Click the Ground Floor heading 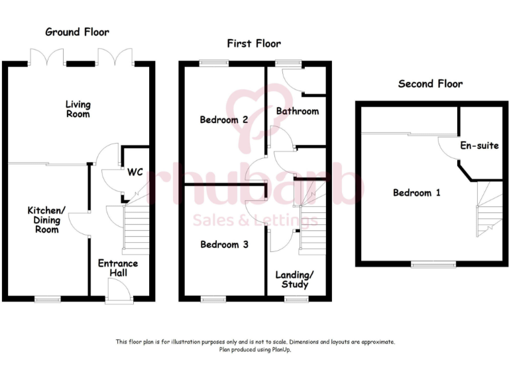point(77,32)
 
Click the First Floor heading point(254,44)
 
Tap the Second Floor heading point(430,83)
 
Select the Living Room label point(78,109)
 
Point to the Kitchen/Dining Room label point(47,220)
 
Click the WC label point(135,172)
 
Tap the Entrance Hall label point(117,268)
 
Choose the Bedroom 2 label point(224,120)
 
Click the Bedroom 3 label point(224,245)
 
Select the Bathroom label point(298,111)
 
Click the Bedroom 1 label point(416,193)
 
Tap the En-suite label point(479,145)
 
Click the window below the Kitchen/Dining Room point(47,300)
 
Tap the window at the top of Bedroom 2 point(213,63)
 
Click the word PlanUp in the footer point(280,350)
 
